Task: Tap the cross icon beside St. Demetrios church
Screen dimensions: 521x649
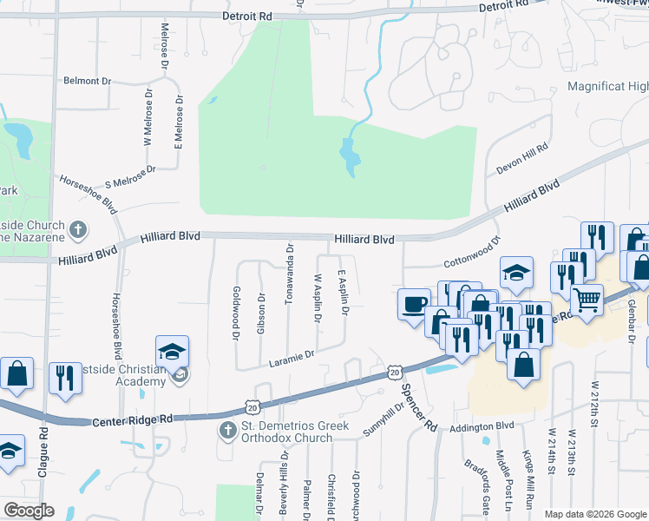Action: point(227,431)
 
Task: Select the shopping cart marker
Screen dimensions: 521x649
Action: point(587,300)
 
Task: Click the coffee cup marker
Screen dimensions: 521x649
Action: point(413,304)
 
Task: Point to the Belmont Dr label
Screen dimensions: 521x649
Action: point(88,81)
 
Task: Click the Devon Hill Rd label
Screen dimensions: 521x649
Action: point(522,161)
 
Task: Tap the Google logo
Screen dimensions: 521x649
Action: point(29,511)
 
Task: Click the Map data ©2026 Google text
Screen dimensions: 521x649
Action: point(595,514)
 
